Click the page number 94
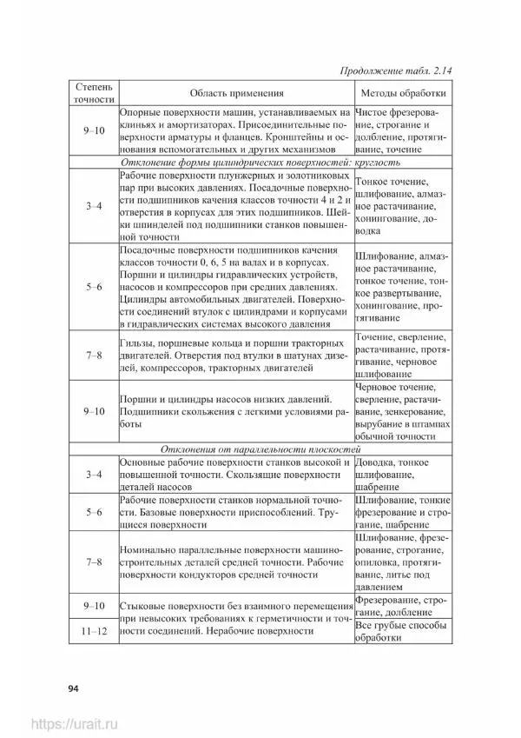pyautogui.click(x=74, y=689)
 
